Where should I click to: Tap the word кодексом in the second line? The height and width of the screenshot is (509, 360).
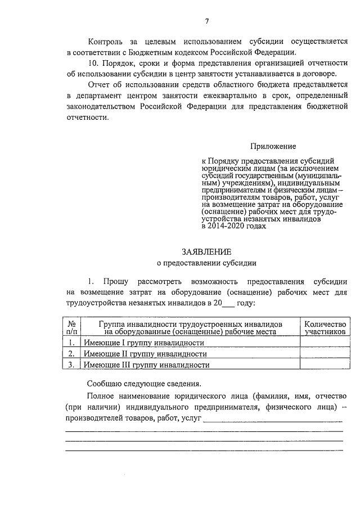pyautogui.click(x=169, y=52)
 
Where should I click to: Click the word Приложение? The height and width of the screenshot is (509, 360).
pyautogui.click(x=273, y=146)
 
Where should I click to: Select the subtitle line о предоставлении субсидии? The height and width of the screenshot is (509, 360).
pyautogui.click(x=206, y=262)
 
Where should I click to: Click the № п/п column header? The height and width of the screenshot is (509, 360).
pyautogui.click(x=71, y=328)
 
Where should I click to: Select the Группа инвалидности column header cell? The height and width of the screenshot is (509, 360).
pyautogui.click(x=190, y=328)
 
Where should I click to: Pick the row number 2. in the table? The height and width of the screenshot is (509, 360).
pyautogui.click(x=71, y=354)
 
